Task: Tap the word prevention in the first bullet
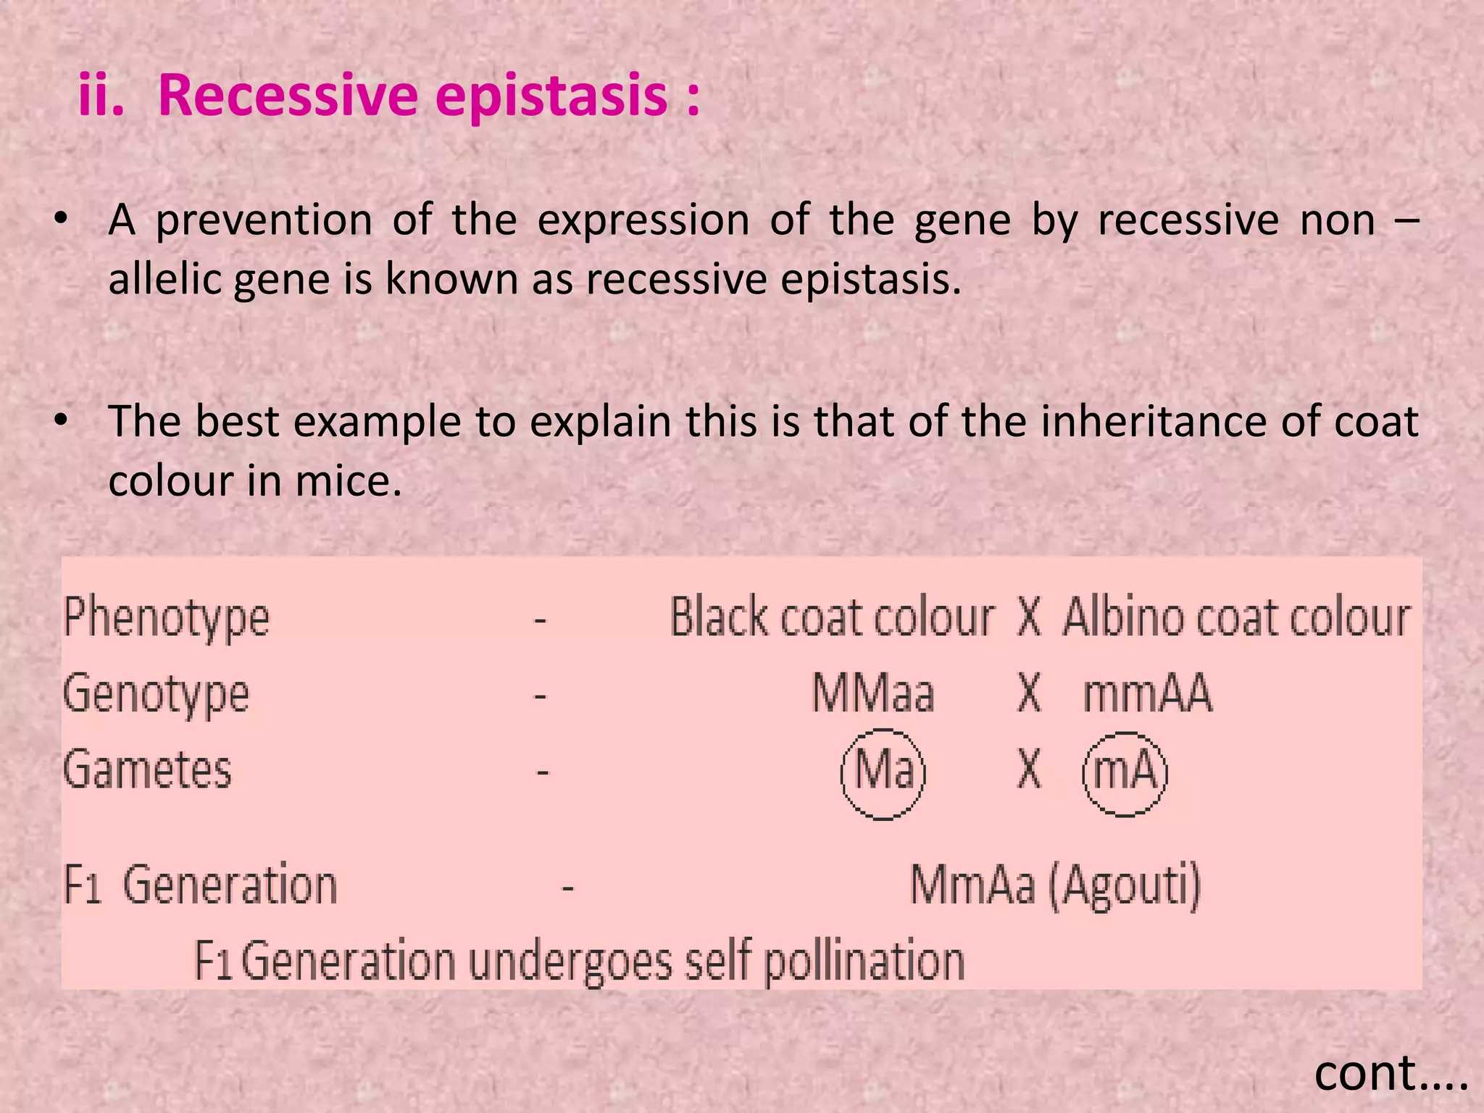tap(264, 220)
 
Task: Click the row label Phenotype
tap(167, 618)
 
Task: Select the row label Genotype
tap(156, 694)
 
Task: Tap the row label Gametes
tap(147, 770)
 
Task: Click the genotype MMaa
tap(872, 693)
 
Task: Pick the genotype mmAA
tap(1146, 693)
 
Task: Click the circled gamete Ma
tap(883, 772)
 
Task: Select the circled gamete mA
tap(1125, 772)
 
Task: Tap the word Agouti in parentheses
tap(1125, 885)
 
